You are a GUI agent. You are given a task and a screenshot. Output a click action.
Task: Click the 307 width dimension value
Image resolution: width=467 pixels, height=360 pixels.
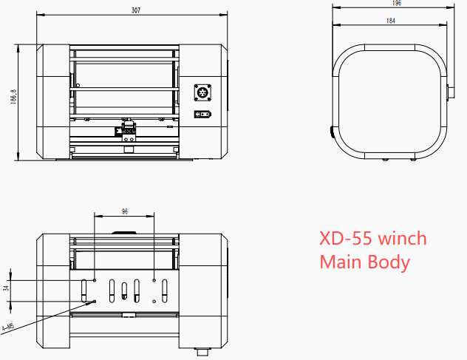[135, 10]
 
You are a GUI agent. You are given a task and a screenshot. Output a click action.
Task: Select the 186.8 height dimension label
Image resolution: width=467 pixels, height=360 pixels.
[13, 101]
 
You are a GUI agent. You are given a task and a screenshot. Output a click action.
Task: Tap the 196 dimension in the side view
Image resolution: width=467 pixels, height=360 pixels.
[397, 4]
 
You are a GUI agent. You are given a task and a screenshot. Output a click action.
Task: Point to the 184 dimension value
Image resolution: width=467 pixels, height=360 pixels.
[390, 21]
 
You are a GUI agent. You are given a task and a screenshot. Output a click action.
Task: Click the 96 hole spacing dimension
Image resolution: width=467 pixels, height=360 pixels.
[124, 211]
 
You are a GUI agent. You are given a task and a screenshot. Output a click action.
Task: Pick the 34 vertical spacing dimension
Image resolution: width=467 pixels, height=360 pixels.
[7, 290]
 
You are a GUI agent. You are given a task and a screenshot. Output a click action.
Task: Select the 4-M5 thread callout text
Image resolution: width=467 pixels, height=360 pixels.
[8, 326]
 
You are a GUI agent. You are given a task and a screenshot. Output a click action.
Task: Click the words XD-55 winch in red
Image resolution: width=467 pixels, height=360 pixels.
[372, 239]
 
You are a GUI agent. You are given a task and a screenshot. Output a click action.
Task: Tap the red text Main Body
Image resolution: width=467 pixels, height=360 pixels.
[364, 262]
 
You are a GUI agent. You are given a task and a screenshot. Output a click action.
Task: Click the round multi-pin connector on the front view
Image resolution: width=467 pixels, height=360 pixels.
[202, 92]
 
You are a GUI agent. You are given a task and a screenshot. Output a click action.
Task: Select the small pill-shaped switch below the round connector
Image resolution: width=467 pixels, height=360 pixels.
[202, 114]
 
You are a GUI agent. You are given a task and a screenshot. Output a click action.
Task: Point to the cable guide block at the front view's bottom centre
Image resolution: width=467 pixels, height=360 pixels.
[128, 133]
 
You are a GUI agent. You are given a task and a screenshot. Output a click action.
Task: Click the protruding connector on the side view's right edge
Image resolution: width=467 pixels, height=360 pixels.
[450, 95]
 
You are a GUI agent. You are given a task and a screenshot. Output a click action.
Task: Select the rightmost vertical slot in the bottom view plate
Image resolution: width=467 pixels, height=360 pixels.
[165, 291]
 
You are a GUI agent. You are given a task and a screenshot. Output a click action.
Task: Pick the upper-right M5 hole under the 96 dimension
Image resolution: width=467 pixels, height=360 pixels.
[154, 280]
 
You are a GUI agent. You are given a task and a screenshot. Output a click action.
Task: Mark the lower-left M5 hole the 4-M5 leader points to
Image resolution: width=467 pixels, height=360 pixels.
[95, 302]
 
